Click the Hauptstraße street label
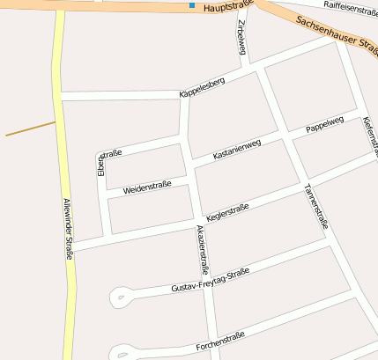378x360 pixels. click(228, 8)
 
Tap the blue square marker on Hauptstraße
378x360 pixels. click(192, 6)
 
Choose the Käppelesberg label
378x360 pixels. click(202, 86)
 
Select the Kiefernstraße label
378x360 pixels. click(370, 132)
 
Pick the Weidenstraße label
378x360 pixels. click(147, 187)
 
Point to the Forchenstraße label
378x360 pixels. click(220, 341)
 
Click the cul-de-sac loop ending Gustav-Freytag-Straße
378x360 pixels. click(121, 297)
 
